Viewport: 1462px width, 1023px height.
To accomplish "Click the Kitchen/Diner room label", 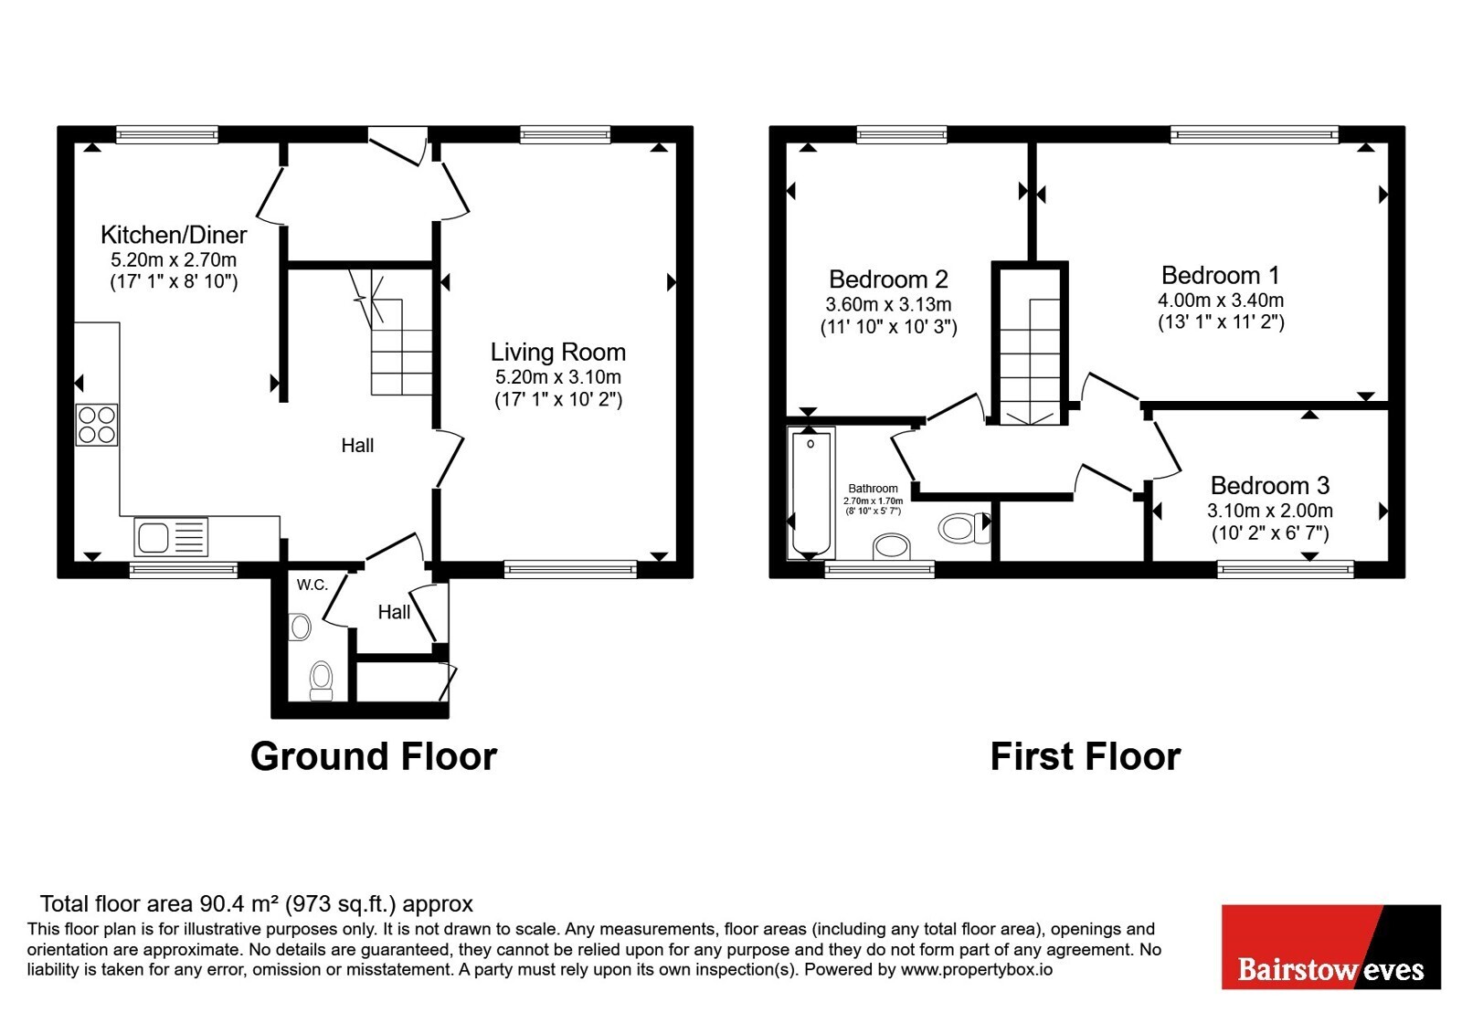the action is tap(174, 235).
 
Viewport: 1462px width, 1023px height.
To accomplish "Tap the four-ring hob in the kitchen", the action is tap(97, 425).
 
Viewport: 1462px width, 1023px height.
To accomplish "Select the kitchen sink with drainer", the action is tap(171, 537).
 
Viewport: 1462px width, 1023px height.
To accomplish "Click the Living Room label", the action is tap(558, 353).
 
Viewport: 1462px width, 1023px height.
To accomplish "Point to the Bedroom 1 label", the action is tap(1221, 275).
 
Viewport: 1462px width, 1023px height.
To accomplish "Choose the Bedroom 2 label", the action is tap(888, 279).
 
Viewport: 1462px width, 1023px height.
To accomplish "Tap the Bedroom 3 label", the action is tap(1270, 485).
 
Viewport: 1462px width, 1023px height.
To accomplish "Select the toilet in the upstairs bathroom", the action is tap(965, 528).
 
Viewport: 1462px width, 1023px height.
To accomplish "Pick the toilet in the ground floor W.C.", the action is tap(321, 681).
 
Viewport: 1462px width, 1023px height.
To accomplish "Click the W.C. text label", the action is tap(312, 585).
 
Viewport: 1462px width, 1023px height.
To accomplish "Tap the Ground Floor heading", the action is tap(374, 757).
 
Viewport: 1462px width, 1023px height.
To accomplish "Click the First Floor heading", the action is tap(1086, 757).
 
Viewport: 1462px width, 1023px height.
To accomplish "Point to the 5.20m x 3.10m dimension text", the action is tap(558, 377).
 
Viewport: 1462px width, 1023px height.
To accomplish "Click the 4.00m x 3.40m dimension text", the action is tap(1221, 301).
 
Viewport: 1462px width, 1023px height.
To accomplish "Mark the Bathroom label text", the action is tap(874, 489).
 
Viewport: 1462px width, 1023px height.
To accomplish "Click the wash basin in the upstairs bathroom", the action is tap(892, 547).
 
